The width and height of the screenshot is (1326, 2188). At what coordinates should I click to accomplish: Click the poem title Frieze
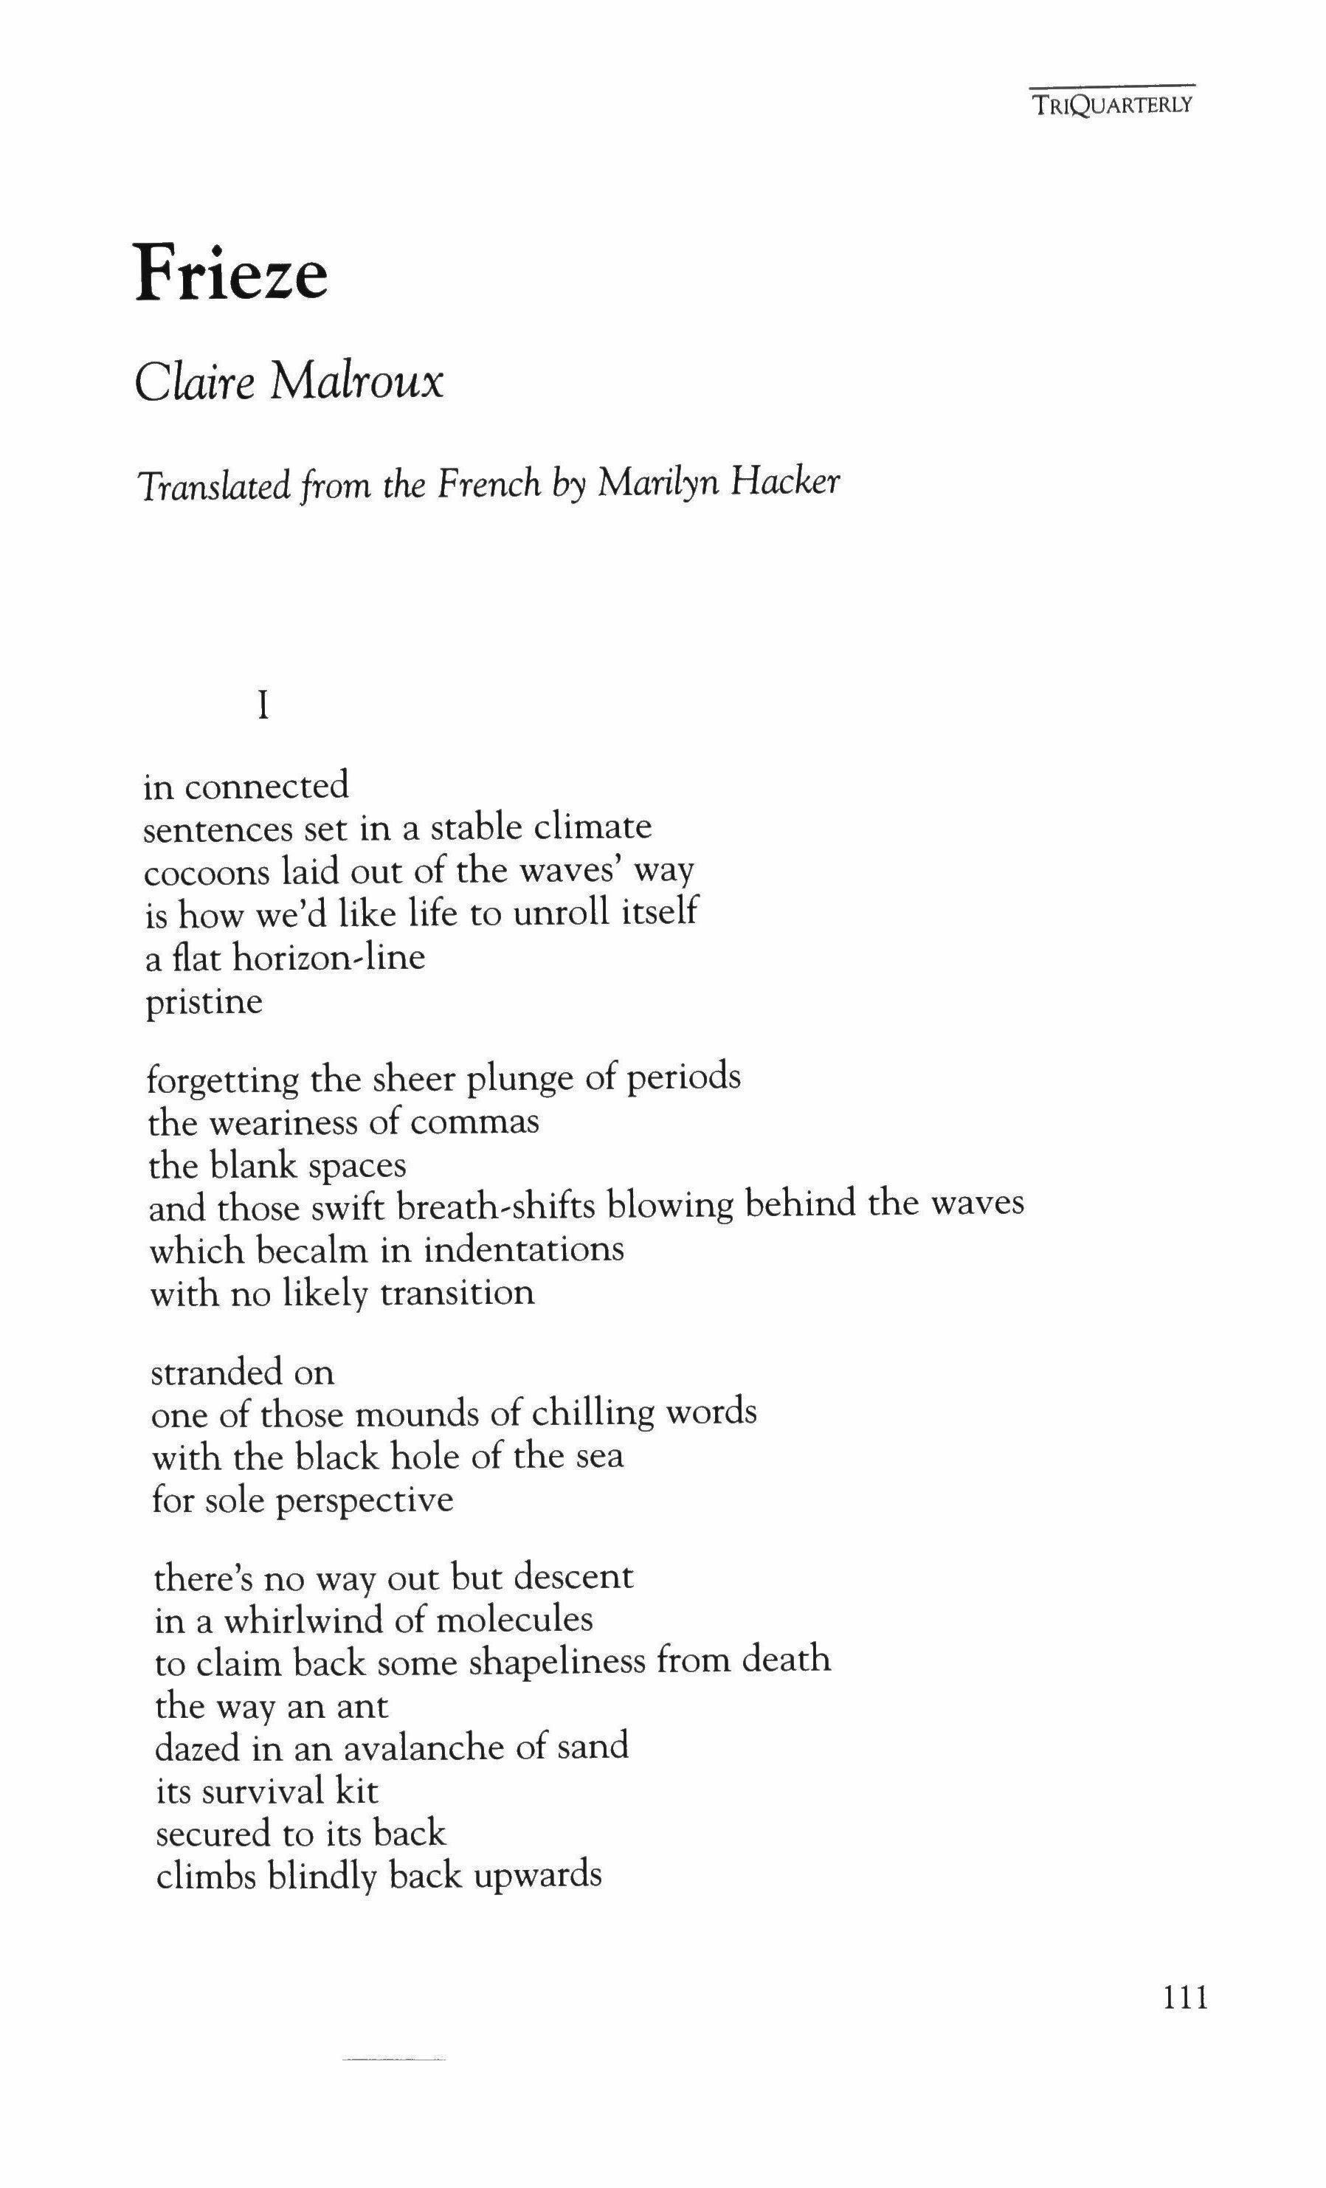point(231,272)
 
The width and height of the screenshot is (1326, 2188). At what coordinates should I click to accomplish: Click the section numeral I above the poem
point(262,706)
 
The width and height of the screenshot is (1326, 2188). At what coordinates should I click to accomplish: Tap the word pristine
point(204,1003)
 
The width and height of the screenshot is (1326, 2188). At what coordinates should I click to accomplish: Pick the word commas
point(474,1122)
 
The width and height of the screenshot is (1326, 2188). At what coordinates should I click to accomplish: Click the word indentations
point(523,1249)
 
